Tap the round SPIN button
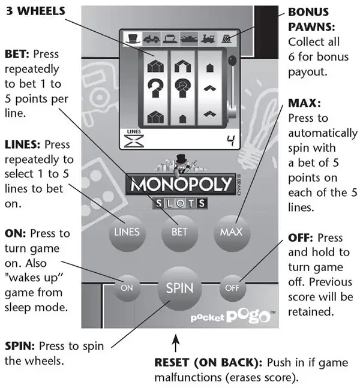coord(179,288)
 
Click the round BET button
coord(179,233)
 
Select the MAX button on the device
coord(232,233)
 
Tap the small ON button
coord(127,288)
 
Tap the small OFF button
coord(232,288)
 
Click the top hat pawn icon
coord(133,38)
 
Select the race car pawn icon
coord(152,39)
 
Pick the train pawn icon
coord(208,39)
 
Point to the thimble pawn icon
coord(227,39)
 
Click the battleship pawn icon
coord(189,39)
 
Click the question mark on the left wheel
coord(155,88)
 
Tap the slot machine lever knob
coord(232,61)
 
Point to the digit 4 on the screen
coord(231,140)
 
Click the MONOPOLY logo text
coord(181,184)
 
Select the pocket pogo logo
coord(230,317)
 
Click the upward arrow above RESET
coord(176,343)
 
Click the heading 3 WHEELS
coord(35,11)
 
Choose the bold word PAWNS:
coord(311,27)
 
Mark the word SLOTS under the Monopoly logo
coord(180,203)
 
